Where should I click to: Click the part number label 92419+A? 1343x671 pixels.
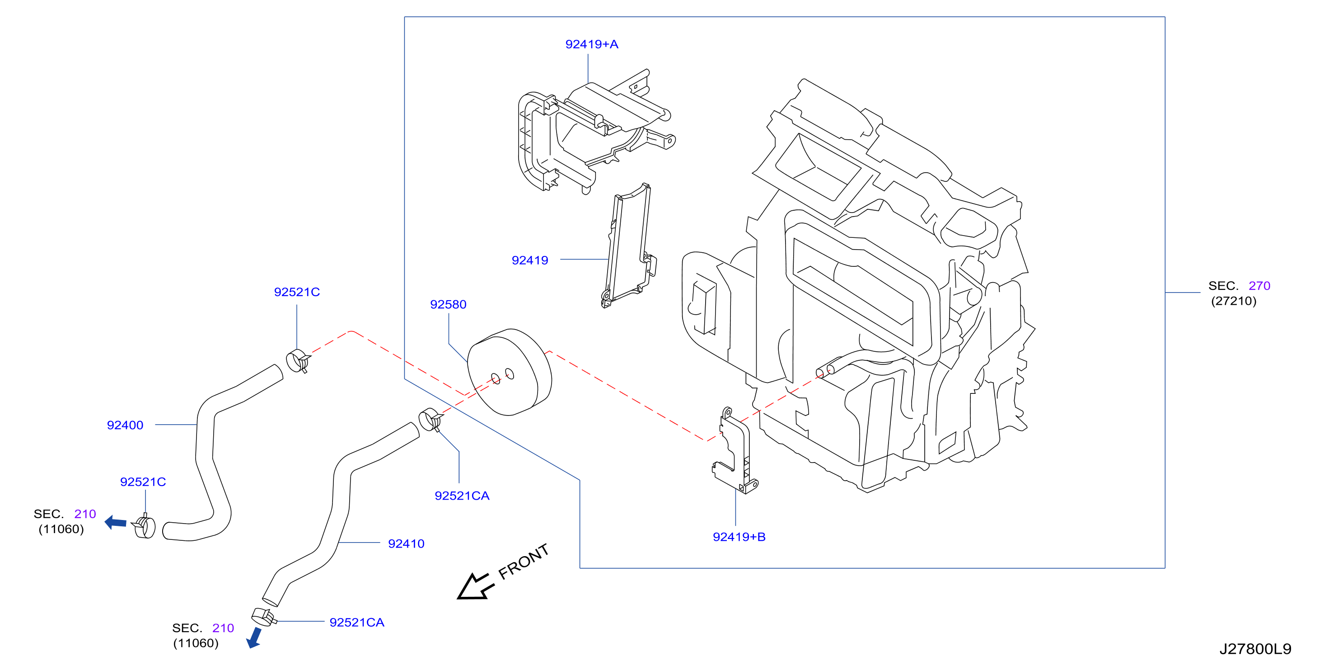(592, 44)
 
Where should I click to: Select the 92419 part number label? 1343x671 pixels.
(530, 260)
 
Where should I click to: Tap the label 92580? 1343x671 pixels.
(449, 305)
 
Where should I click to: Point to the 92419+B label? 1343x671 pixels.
(739, 537)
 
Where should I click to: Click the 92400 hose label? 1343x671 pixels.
(125, 425)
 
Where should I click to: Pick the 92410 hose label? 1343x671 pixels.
(406, 543)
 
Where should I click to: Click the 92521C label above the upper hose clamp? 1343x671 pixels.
(297, 292)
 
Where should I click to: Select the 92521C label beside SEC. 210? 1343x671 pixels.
(143, 482)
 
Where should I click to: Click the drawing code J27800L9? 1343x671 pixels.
(1255, 649)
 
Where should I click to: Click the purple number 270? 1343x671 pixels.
(1259, 286)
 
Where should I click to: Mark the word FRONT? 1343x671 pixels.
(524, 562)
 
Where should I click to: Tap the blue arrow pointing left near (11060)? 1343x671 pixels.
(115, 522)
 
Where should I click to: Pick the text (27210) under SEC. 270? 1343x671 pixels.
(1234, 301)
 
